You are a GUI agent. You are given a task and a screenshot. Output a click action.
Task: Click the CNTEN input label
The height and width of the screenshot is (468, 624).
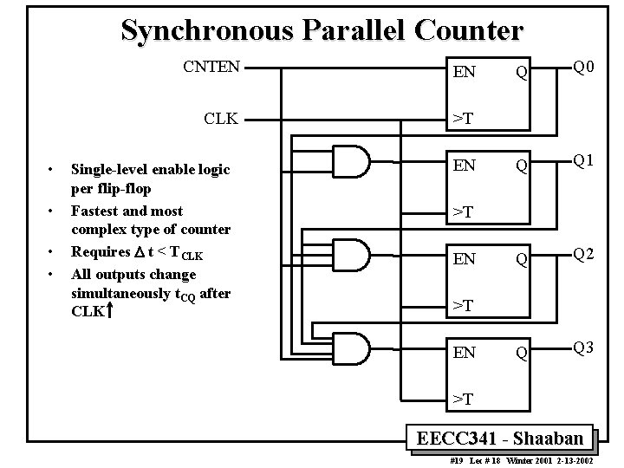[211, 66]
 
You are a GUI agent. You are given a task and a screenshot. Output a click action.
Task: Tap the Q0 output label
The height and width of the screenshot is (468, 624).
[582, 67]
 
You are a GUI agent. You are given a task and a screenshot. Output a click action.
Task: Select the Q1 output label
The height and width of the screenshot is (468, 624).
[582, 160]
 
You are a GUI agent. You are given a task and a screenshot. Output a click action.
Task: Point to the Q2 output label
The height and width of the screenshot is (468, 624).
[582, 254]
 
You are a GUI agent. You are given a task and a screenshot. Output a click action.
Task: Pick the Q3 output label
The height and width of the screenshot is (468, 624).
[582, 348]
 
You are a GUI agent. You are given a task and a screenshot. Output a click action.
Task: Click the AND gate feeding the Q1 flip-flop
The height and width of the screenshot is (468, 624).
[352, 161]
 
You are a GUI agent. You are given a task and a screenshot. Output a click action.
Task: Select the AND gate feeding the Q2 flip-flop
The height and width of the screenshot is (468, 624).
[352, 255]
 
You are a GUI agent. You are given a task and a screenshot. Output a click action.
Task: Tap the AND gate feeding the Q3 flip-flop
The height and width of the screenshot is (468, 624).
[352, 348]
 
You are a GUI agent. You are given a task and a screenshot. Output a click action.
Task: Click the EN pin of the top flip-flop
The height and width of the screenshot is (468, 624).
[465, 72]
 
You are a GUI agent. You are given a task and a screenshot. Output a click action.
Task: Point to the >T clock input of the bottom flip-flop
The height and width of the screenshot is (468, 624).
[461, 399]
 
